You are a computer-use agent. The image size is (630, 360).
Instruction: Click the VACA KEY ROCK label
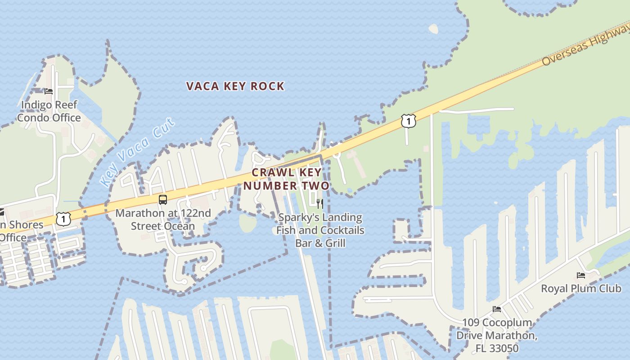[x=235, y=86]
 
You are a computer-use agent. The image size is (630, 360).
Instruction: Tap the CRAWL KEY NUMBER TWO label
[x=287, y=179]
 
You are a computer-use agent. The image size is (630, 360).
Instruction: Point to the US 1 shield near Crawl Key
[x=408, y=121]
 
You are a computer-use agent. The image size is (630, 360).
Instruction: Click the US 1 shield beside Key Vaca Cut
[x=63, y=219]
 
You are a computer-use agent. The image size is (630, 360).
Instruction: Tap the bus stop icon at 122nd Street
[x=163, y=200]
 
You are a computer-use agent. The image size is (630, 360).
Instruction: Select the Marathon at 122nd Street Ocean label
[x=163, y=219]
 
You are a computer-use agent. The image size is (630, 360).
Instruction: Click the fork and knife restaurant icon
[x=320, y=203]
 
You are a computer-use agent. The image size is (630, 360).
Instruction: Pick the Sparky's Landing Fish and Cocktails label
[x=320, y=224]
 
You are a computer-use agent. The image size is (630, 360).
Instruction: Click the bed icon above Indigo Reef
[x=49, y=91]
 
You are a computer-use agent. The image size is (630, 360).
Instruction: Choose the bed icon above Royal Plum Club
[x=581, y=275]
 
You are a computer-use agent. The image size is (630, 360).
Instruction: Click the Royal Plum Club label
[x=581, y=288]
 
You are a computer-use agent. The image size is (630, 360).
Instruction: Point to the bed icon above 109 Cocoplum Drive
[x=497, y=309]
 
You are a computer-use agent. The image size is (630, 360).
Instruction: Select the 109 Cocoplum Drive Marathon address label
[x=497, y=335]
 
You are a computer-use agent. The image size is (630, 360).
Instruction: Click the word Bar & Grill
[x=320, y=243]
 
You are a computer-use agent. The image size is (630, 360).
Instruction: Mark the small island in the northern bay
[x=433, y=29]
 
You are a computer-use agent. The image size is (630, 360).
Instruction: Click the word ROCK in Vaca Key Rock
[x=267, y=86]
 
